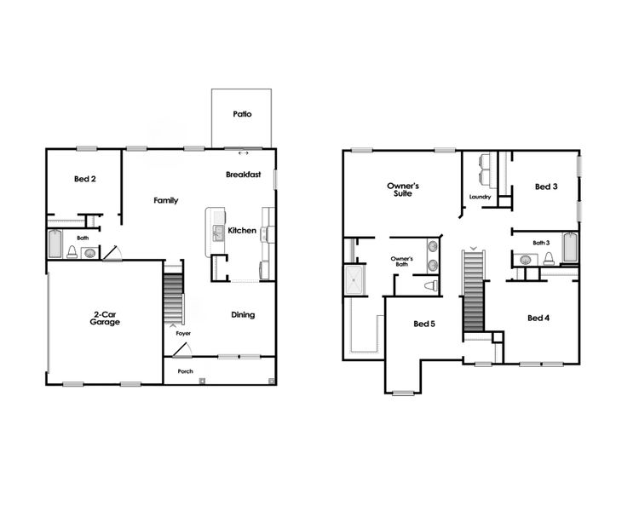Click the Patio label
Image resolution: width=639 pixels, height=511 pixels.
click(242, 113)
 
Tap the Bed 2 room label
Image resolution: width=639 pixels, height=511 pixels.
click(83, 179)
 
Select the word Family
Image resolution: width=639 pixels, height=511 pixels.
click(165, 201)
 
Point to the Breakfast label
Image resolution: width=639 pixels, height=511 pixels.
click(243, 175)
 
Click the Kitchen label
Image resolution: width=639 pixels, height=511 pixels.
click(242, 231)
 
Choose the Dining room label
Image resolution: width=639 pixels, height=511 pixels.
click(243, 315)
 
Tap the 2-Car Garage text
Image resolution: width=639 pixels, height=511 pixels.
click(105, 319)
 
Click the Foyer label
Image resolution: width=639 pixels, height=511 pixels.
click(183, 334)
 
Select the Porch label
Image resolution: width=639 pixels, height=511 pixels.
click(185, 372)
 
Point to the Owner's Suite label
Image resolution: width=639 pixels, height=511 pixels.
click(403, 189)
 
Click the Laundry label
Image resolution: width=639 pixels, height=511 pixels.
click(480, 198)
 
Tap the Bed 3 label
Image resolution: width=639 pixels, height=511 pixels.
click(545, 187)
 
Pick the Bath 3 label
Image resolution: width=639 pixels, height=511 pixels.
click(542, 243)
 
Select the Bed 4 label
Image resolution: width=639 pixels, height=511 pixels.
click(538, 319)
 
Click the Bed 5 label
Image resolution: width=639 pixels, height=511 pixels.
click(424, 324)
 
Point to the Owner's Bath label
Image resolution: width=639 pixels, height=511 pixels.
click(401, 261)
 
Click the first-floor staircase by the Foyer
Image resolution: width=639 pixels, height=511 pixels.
click(173, 292)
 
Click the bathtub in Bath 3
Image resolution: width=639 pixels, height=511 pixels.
click(569, 249)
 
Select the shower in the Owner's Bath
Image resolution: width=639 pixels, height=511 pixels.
click(353, 279)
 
